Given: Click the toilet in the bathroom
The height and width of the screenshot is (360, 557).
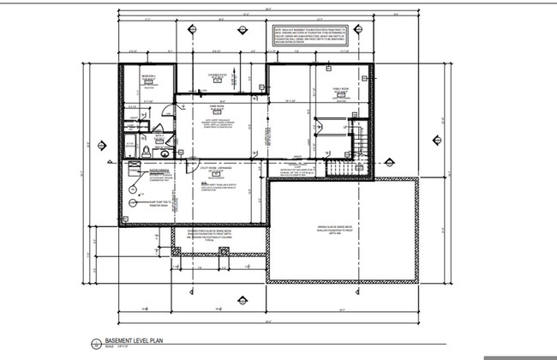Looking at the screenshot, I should tap(147, 151).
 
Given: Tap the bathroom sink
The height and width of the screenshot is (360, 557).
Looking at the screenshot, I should tap(159, 136).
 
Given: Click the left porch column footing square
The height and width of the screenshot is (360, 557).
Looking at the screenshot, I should tap(176, 251).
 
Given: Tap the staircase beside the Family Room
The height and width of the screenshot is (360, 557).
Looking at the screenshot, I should tap(361, 137).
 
